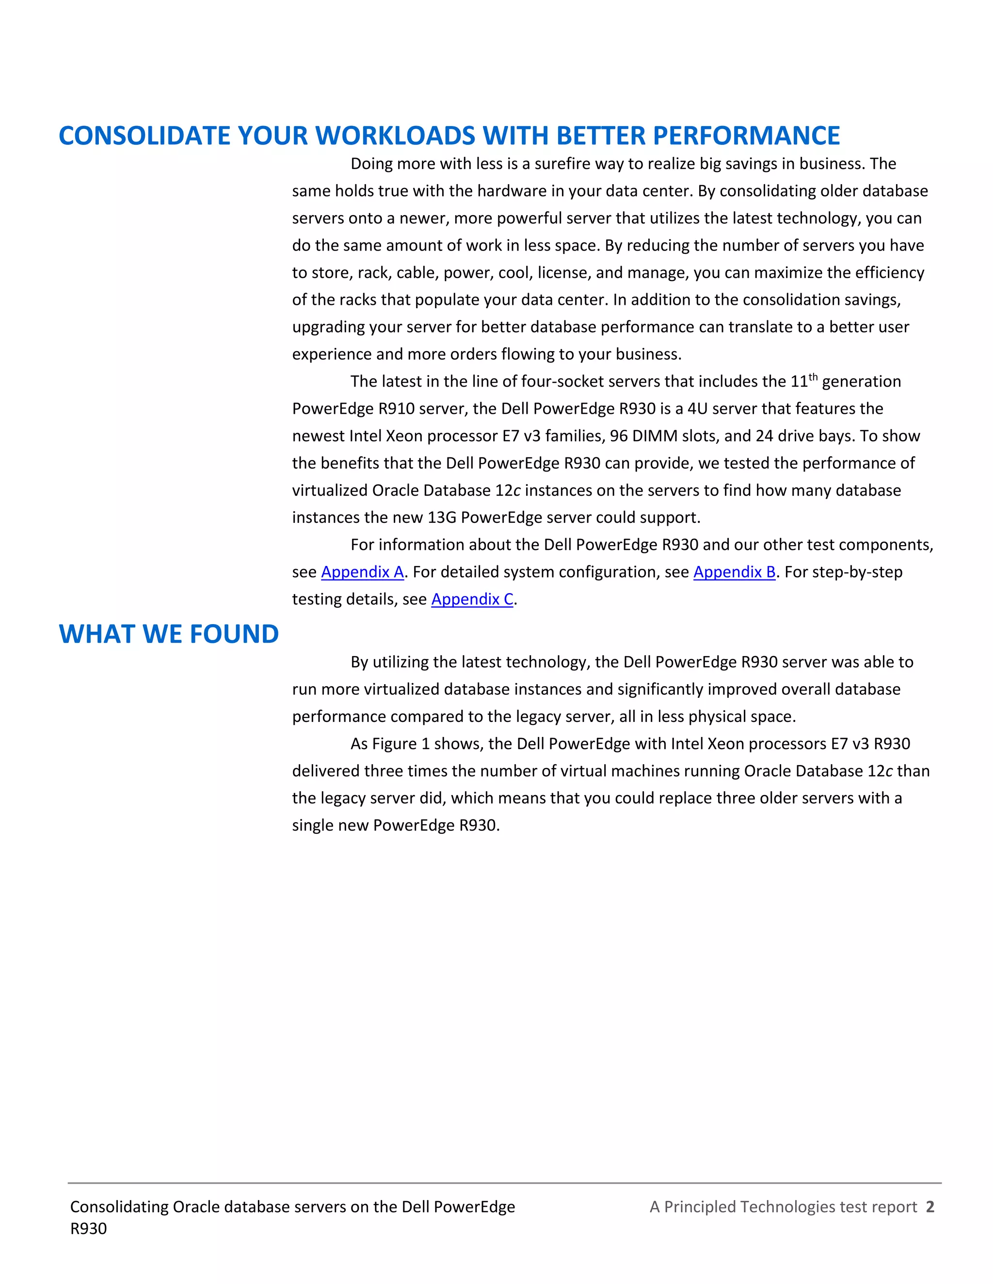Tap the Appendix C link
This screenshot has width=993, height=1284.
[472, 598]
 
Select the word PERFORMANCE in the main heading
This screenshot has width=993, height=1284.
[746, 135]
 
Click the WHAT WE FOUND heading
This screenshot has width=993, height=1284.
[169, 634]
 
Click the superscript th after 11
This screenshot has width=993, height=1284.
[813, 377]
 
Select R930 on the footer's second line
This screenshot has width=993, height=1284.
[88, 1228]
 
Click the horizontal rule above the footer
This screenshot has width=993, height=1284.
[504, 1182]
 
